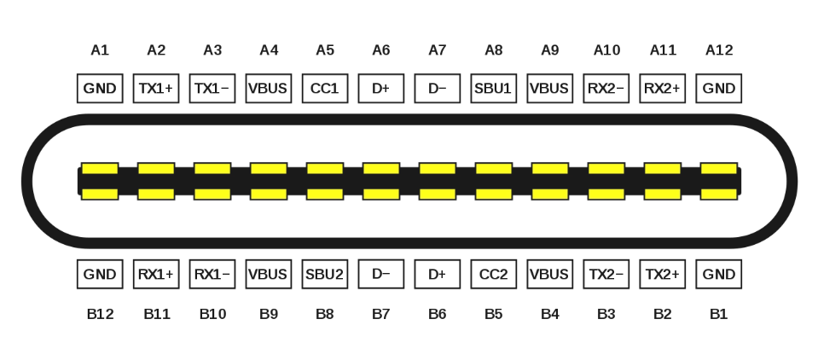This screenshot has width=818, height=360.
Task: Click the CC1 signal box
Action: tap(325, 88)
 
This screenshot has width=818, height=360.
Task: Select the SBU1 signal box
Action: tap(494, 88)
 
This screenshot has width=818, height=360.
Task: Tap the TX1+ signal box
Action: tap(156, 88)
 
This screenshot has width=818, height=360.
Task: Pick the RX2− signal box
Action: tap(606, 88)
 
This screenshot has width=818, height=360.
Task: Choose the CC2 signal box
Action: tap(494, 274)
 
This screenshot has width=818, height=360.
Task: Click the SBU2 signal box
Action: tap(325, 274)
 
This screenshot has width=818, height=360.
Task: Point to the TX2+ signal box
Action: tap(663, 274)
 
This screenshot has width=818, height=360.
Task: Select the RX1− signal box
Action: tap(212, 274)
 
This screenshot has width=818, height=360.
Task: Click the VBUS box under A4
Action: tap(269, 88)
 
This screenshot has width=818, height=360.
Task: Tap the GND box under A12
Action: tap(719, 88)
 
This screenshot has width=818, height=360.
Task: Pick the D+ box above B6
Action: tap(438, 274)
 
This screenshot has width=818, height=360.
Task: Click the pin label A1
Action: tap(100, 50)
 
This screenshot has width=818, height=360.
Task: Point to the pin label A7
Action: tap(438, 50)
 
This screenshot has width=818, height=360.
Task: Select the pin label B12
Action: tap(100, 314)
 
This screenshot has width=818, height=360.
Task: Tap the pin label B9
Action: tap(269, 314)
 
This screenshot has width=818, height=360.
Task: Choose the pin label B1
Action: tap(719, 314)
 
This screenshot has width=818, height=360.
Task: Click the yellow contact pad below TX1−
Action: tap(212, 169)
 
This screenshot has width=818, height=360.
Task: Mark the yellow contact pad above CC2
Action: tap(494, 195)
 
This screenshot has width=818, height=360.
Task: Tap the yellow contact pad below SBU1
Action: tap(494, 169)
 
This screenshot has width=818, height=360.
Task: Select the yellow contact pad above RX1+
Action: tap(156, 195)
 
